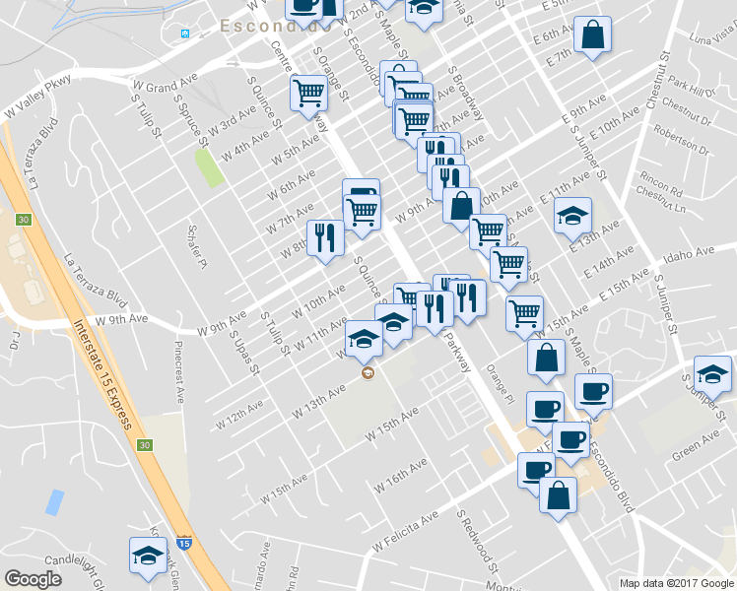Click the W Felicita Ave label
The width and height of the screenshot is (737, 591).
(404, 532)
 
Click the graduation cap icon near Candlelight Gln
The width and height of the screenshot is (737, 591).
(148, 555)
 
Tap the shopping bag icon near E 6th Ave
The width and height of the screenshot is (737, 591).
(593, 35)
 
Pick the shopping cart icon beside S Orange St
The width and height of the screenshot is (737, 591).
(308, 94)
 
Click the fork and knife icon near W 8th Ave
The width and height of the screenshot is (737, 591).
(324, 237)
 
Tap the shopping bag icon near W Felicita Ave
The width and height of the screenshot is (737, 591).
(558, 494)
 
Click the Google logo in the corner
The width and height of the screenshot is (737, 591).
(33, 579)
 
